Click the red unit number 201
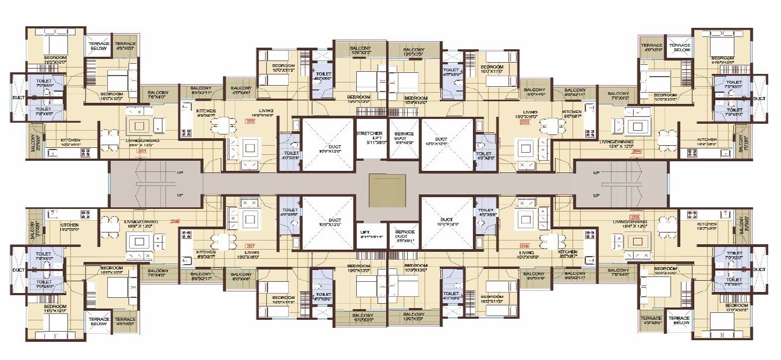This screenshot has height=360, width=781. pyautogui.click(x=142, y=151)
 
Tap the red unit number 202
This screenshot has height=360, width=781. pyautogui.click(x=250, y=122)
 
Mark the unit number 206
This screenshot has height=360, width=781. pyautogui.click(x=524, y=245)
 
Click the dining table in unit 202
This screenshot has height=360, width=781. pyautogui.click(x=222, y=125)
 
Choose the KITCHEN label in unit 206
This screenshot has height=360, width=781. pyautogui.click(x=567, y=252)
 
